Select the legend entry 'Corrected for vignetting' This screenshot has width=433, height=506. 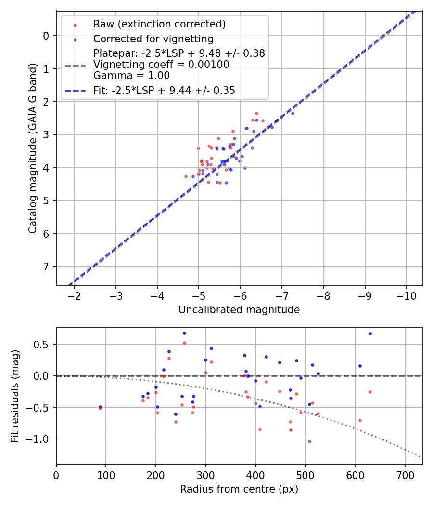(x=153, y=39)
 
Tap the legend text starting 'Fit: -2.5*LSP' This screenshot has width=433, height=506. (x=164, y=90)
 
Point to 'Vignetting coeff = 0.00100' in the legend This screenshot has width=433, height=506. (x=161, y=65)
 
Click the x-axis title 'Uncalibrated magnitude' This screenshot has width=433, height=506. (x=239, y=310)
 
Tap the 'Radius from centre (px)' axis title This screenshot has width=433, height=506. (x=239, y=489)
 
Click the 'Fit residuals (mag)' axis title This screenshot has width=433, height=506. (x=15, y=395)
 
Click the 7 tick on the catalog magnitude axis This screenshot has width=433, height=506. (x=46, y=266)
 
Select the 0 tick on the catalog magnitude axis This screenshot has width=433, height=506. (x=46, y=36)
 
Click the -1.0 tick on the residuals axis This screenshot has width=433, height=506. (x=40, y=439)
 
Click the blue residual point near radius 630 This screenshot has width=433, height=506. (x=370, y=333)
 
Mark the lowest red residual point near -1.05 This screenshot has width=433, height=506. (x=309, y=441)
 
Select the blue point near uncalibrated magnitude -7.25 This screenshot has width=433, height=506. (x=293, y=113)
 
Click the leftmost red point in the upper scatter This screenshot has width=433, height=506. (x=186, y=176)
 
